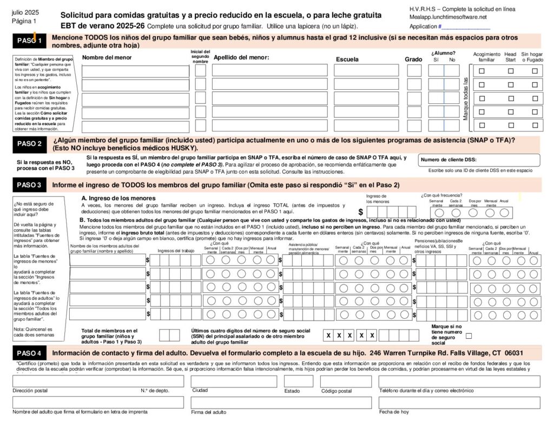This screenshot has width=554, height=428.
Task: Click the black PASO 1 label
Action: [x=29, y=41]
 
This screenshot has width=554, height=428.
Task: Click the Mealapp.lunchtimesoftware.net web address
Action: [x=448, y=17]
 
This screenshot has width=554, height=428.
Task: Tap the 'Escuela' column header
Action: [x=347, y=59]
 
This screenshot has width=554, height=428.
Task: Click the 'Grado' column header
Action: [x=413, y=59]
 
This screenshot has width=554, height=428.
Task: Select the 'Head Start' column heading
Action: [x=510, y=57]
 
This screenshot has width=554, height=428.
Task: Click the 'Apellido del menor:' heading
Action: [x=241, y=57]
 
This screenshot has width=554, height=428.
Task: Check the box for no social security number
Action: [x=469, y=335]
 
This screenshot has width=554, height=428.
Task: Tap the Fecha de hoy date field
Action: [x=459, y=403]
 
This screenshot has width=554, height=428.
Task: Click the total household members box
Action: [x=166, y=335]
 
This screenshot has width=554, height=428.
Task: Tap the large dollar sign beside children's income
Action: [x=361, y=212]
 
